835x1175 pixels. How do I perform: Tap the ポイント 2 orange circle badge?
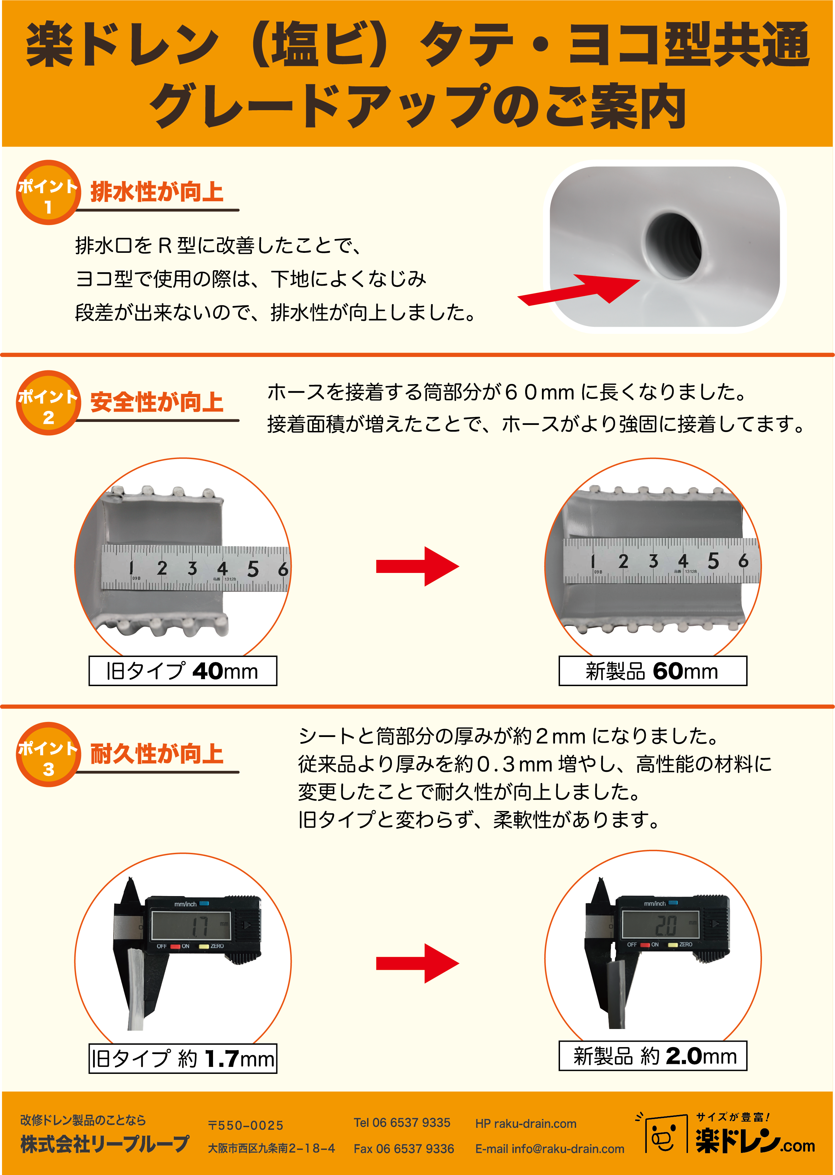tap(48, 403)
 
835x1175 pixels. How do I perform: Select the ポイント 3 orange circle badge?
tap(48, 754)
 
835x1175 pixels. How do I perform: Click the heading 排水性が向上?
tap(157, 192)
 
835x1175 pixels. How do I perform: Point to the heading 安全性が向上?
tap(157, 402)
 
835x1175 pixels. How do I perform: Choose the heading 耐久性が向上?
tap(157, 753)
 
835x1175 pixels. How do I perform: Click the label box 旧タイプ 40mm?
tap(183, 671)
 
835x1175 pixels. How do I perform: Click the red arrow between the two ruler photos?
tap(417, 567)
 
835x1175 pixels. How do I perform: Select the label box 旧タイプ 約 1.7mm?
tap(183, 1058)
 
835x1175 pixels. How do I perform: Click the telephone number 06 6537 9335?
tap(411, 1122)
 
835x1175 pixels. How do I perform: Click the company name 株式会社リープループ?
tap(105, 1144)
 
